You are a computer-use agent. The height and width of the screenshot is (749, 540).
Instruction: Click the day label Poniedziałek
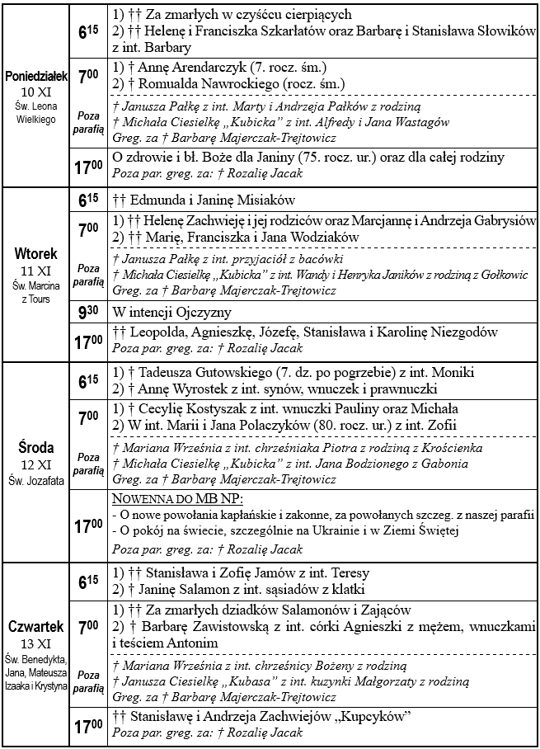point(35,76)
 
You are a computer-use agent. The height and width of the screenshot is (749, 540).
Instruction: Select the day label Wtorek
point(35,254)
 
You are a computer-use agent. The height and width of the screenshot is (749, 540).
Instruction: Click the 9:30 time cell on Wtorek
point(88,313)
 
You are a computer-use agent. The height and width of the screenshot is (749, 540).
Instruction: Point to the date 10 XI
point(35,91)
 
